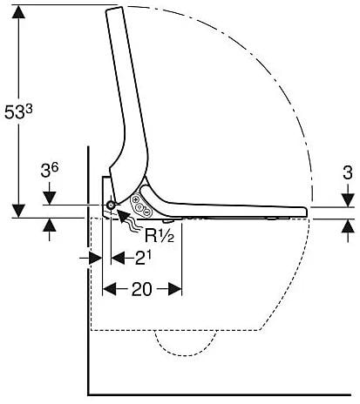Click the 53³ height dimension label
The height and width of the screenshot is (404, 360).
coord(18,111)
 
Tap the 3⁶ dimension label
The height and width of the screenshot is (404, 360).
coord(50,171)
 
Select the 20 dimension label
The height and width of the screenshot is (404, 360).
coord(142,289)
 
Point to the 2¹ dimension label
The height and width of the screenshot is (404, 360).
coord(143,257)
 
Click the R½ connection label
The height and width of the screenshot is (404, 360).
coord(160,235)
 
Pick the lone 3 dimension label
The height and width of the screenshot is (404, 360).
coord(348,172)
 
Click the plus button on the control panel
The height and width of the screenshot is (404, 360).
coord(135,200)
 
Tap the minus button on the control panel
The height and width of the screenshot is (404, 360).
coord(147,212)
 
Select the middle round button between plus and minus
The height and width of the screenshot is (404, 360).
coord(140,206)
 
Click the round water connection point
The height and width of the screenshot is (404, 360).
coord(111,205)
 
